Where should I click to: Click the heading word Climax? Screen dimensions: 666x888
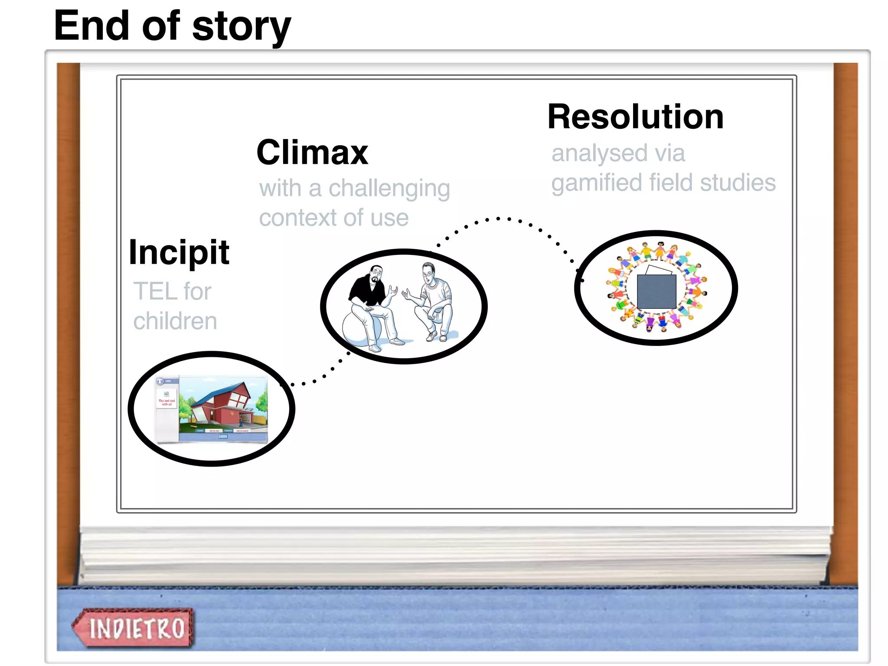click(312, 153)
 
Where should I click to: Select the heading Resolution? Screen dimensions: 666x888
click(635, 117)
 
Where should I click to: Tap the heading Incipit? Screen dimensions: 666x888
click(179, 252)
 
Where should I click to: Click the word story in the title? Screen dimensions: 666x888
click(241, 27)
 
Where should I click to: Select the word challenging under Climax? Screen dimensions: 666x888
click(389, 189)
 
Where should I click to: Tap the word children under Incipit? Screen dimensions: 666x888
click(175, 321)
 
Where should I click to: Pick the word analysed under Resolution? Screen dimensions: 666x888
click(599, 154)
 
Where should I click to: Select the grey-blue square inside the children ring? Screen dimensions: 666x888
click(656, 291)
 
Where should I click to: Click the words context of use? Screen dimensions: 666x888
click(333, 218)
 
